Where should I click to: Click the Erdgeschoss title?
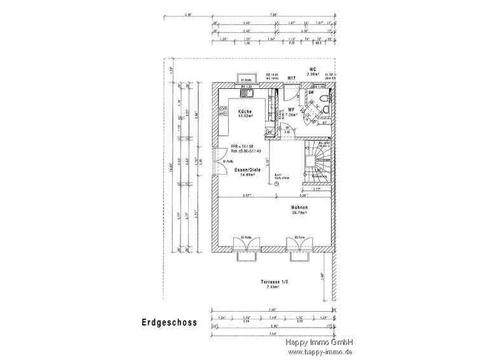tap(168, 323)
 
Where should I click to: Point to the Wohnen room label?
tap(299, 208)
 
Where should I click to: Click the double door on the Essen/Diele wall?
tap(220, 163)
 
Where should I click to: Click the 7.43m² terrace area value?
tap(274, 288)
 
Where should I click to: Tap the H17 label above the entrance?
tap(291, 78)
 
